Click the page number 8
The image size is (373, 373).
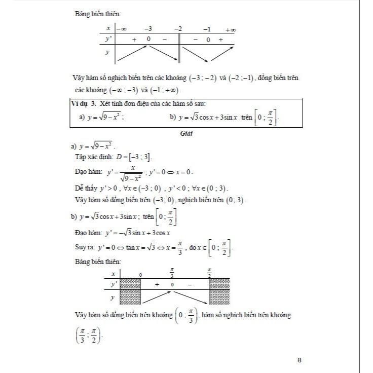tap(300, 360)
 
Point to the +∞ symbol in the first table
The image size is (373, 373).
tap(230, 30)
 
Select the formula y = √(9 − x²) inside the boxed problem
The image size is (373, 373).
tap(104, 117)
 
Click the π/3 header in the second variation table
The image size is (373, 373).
tap(172, 273)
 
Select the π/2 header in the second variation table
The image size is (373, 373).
tap(210, 273)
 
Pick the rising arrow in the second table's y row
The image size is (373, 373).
tap(156, 296)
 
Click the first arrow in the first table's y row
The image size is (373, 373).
tap(132, 53)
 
